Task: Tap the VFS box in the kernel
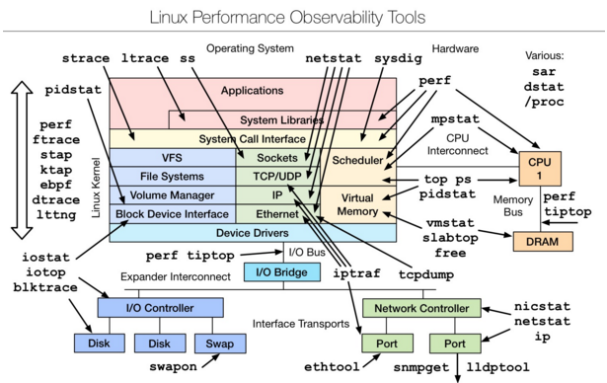(x=172, y=157)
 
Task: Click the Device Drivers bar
(x=252, y=233)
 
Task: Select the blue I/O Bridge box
(x=277, y=270)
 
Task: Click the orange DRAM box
(x=536, y=240)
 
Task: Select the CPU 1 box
(x=538, y=169)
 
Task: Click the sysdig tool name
(x=401, y=58)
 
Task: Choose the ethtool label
(x=326, y=367)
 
